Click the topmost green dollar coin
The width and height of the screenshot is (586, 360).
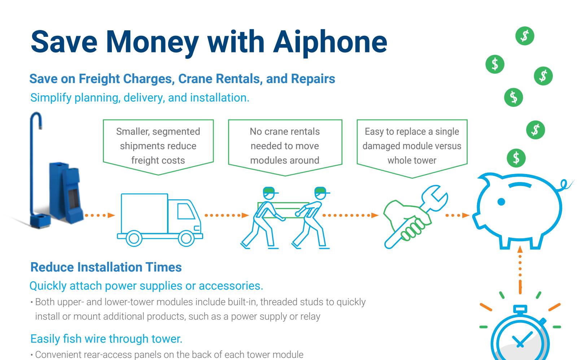tap(525, 36)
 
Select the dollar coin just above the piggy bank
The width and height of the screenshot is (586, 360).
tap(516, 158)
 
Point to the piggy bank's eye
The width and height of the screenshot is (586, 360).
tap(501, 202)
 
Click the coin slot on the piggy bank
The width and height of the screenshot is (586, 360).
tap(520, 185)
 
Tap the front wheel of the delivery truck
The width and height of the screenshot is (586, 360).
tap(186, 238)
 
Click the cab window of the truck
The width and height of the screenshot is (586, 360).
tap(186, 211)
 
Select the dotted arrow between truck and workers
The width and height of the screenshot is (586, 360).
tap(227, 215)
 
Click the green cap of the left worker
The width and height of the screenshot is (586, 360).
tap(269, 190)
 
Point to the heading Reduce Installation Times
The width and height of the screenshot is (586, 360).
tap(106, 267)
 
